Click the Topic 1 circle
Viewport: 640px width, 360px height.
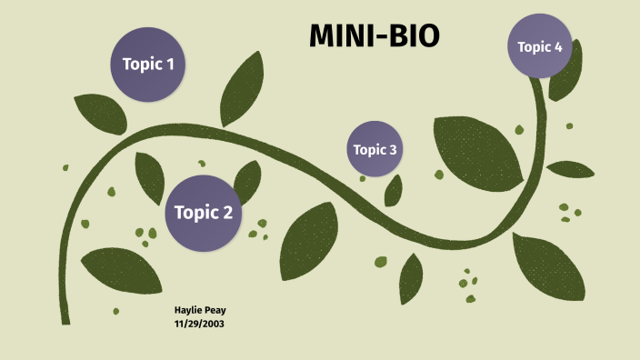147,64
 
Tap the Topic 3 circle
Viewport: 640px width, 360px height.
375,149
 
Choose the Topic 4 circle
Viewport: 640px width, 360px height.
540,46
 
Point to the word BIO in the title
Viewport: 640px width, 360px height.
414,35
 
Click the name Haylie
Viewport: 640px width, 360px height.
187,310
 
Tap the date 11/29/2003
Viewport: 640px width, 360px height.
199,323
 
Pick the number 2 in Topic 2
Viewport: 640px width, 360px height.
226,214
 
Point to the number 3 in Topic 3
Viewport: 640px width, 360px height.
393,150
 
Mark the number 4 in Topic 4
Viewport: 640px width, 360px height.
558,47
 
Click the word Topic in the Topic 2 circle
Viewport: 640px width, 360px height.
192,214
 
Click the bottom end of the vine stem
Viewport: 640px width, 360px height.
65,320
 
